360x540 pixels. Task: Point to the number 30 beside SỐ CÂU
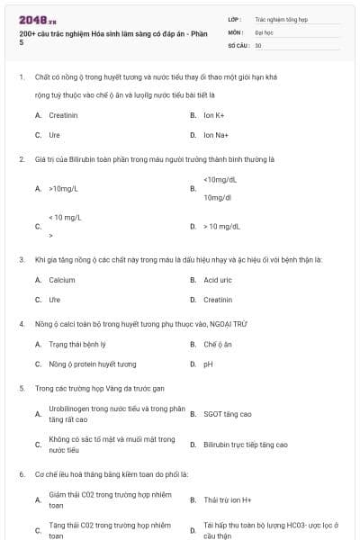258,45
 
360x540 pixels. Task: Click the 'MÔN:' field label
235,31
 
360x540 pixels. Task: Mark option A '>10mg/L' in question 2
64,189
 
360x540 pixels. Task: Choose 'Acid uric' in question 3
218,280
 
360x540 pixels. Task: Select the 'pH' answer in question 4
208,364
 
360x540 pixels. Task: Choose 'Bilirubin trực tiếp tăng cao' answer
245,445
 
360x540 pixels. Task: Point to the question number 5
22,389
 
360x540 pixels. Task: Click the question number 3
22,259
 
